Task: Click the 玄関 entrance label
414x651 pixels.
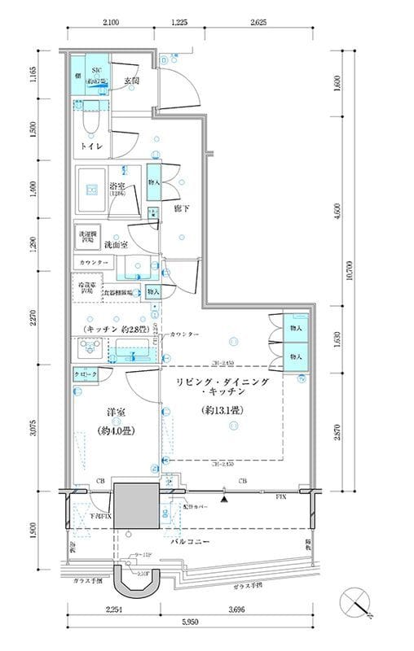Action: tap(132, 81)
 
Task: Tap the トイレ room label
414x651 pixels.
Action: tap(90, 146)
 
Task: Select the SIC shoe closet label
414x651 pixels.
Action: tap(95, 72)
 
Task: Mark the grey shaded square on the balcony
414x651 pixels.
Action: tap(134, 506)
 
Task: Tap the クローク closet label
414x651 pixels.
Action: tap(87, 374)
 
